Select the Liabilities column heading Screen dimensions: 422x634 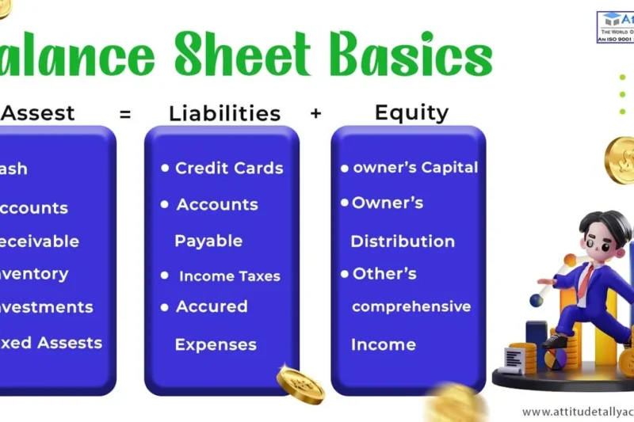click(x=224, y=113)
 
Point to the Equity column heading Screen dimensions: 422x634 click(x=411, y=112)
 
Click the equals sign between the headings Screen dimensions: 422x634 click(x=125, y=114)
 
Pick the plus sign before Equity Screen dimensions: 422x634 click(x=315, y=113)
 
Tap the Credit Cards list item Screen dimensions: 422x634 click(x=228, y=168)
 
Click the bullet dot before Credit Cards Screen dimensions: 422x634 click(x=165, y=168)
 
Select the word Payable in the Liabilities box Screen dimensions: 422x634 click(x=208, y=241)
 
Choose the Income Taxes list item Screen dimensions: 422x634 click(x=229, y=276)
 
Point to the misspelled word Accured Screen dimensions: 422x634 click(x=212, y=306)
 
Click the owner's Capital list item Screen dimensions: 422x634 click(x=415, y=167)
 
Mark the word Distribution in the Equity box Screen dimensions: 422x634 click(x=403, y=241)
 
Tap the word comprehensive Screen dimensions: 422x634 click(x=411, y=306)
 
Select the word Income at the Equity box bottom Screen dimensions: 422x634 click(x=383, y=344)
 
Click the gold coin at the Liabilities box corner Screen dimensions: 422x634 click(x=300, y=384)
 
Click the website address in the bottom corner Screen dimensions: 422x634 click(x=577, y=412)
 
